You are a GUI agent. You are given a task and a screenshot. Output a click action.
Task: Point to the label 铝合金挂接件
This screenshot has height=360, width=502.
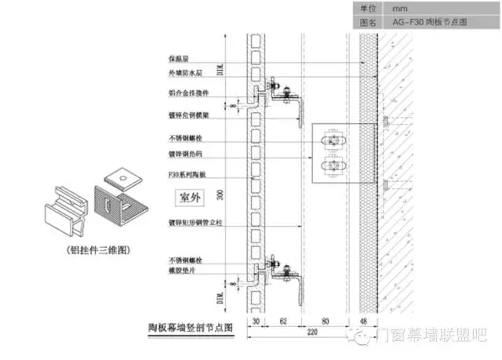pyautogui.click(x=187, y=93)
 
